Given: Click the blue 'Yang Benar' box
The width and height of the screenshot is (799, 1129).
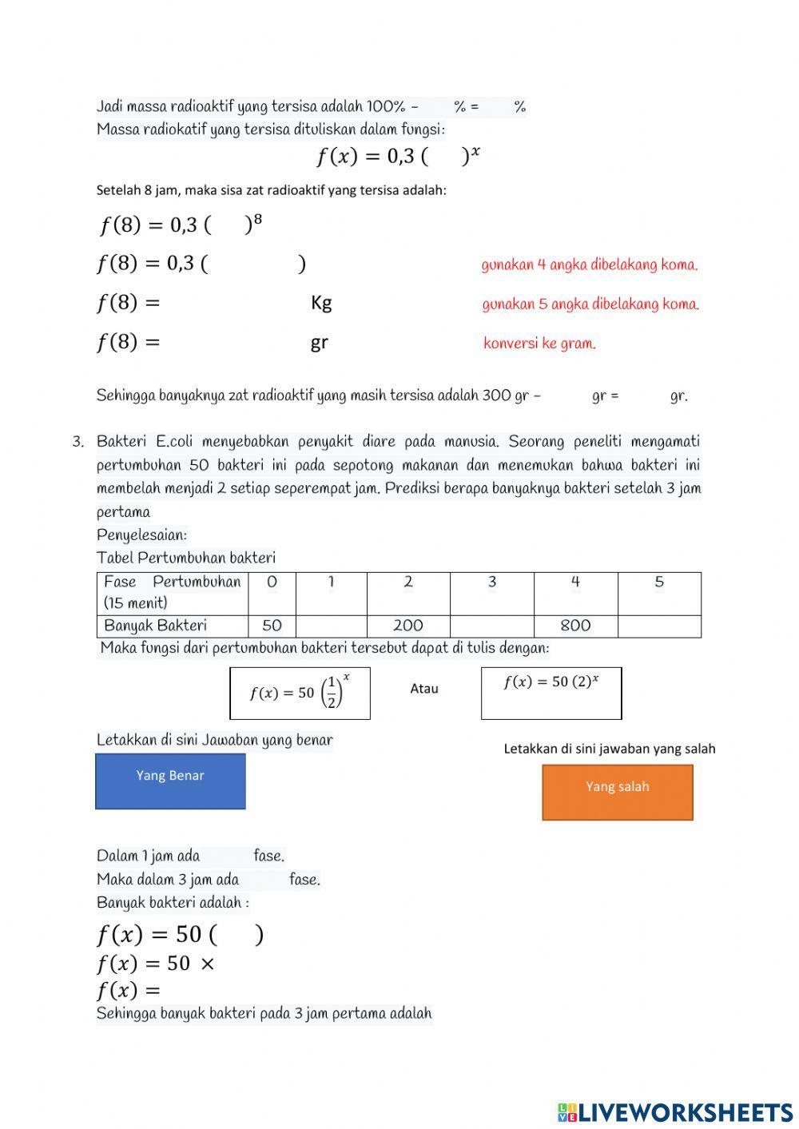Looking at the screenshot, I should [170, 781].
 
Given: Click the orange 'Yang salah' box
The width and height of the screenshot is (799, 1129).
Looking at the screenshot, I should [617, 792].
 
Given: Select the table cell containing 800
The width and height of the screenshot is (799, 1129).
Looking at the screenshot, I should [575, 626].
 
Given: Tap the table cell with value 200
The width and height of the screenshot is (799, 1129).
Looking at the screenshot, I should [407, 626].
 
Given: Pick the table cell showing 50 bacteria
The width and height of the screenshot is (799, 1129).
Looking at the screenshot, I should [272, 626].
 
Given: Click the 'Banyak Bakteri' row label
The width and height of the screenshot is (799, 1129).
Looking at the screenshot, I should [156, 626].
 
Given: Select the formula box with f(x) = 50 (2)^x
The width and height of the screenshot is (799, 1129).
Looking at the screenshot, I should [551, 693].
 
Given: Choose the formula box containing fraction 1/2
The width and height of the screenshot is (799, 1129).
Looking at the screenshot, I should [300, 693].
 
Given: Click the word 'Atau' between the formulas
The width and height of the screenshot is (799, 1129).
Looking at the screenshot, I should [423, 689].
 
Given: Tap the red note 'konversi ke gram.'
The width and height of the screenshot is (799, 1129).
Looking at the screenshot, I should [539, 344].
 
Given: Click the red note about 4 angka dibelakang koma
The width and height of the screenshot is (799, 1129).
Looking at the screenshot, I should [589, 265].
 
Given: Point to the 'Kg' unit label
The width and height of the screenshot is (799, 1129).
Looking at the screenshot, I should [321, 303].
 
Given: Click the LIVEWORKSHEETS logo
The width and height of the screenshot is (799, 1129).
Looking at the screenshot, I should [675, 1112].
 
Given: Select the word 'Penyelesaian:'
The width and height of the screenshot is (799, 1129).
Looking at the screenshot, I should [141, 535].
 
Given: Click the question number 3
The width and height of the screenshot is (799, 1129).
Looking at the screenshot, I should [78, 442].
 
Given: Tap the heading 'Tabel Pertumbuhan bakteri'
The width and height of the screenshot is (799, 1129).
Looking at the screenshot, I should [185, 558].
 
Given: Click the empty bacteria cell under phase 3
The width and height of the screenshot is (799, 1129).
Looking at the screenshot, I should [491, 626].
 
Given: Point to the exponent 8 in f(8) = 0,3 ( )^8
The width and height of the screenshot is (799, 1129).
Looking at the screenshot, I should [257, 220].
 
